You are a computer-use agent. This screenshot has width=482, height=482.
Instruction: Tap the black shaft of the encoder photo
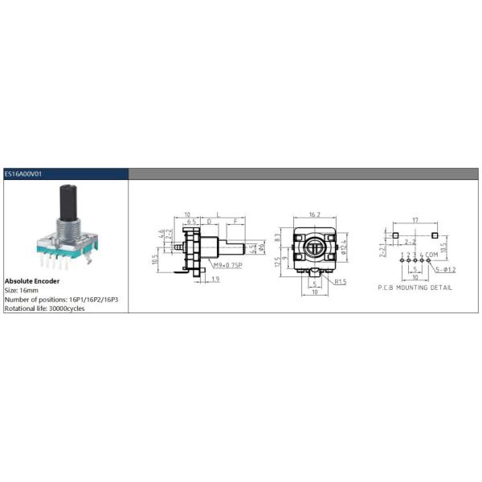pos(65,201)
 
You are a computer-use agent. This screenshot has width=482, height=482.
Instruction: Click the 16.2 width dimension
pos(313,215)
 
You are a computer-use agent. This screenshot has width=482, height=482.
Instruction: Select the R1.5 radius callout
pos(341,281)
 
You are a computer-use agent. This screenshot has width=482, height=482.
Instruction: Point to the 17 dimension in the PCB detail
pos(415,219)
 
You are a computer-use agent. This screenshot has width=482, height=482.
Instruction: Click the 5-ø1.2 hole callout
pos(444,269)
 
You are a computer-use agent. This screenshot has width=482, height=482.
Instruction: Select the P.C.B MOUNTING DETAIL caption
pos(415,287)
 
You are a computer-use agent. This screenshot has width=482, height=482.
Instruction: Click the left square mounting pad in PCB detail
pos(395,235)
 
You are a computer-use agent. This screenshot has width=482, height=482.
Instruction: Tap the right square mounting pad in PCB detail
pos(435,235)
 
